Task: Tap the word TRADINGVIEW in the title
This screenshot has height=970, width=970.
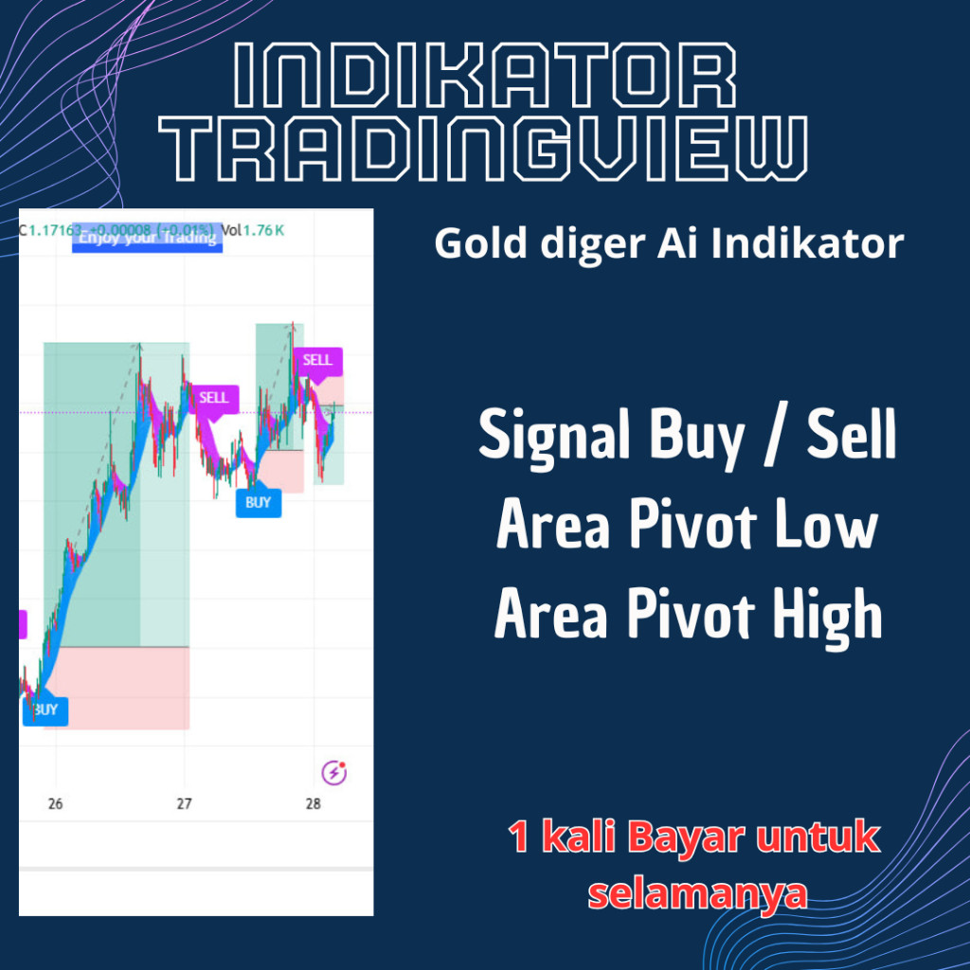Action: click(484, 150)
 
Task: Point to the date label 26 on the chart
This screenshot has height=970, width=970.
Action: click(55, 805)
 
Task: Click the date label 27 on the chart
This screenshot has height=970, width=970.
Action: click(184, 805)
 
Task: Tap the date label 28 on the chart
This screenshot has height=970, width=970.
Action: click(314, 805)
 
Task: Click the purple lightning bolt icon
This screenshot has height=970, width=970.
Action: click(333, 773)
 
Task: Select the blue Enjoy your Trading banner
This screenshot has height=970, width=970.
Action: click(148, 237)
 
